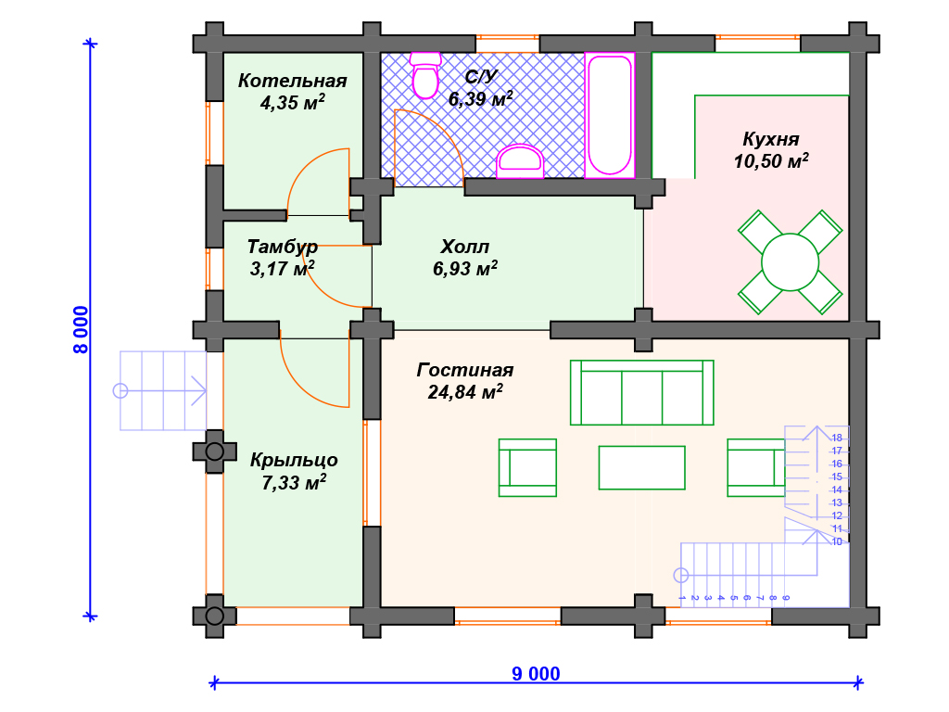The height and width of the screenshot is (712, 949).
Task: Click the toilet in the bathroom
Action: point(425,75)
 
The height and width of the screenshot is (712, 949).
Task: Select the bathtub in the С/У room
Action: point(610,115)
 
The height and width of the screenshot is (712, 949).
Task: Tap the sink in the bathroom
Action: point(520,161)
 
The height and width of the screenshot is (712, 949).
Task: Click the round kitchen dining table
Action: point(790,262)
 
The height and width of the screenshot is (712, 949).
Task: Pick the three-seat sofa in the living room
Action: point(641,392)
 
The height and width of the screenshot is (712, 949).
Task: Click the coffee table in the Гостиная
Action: point(641,467)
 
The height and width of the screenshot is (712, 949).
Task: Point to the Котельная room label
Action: point(292,81)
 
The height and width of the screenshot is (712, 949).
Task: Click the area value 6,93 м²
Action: point(465,268)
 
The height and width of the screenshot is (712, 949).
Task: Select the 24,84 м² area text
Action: point(465,392)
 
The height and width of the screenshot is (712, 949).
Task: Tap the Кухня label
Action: point(771,139)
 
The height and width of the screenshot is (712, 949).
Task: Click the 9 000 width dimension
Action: point(536,673)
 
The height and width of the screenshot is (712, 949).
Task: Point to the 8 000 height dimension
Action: point(81,329)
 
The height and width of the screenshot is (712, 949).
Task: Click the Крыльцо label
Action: point(294,461)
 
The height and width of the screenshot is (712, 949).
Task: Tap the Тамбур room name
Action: point(282,247)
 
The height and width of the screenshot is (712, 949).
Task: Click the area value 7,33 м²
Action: point(294,482)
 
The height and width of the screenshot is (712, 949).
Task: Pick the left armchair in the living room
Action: point(527,467)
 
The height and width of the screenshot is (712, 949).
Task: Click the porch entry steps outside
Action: point(163,390)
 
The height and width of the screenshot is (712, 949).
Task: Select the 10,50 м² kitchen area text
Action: point(771,161)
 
